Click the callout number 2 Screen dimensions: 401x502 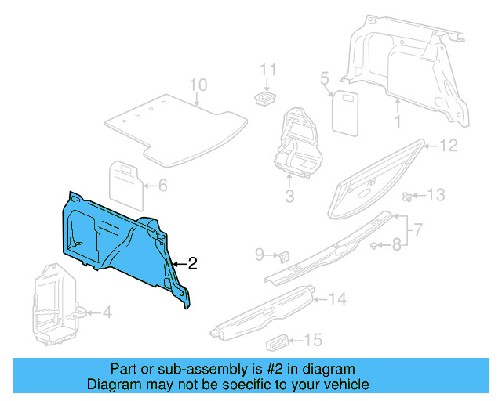pyautogui.click(x=193, y=264)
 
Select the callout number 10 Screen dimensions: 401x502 pyautogui.click(x=198, y=85)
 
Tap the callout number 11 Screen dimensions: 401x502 pyautogui.click(x=269, y=70)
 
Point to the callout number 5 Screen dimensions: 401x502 pyautogui.click(x=323, y=78)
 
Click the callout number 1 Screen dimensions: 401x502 pyautogui.click(x=398, y=122)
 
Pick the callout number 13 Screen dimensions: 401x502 pyautogui.click(x=435, y=195)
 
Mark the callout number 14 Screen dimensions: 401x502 pyautogui.click(x=337, y=298)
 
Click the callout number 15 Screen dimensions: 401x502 pyautogui.click(x=313, y=340)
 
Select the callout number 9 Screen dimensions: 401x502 pyautogui.click(x=260, y=254)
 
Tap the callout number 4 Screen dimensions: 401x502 pyautogui.click(x=107, y=313)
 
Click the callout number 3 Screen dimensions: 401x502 pyautogui.click(x=289, y=196)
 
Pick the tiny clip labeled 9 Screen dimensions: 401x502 pyautogui.click(x=284, y=255)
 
